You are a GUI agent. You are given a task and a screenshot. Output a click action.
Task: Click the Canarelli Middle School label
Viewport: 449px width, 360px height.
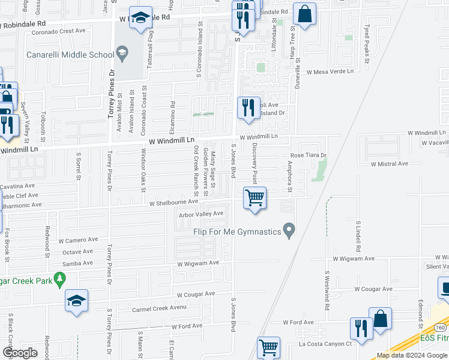tap(70, 55)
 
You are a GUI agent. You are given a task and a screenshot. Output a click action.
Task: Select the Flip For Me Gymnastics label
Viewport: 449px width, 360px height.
tap(237, 231)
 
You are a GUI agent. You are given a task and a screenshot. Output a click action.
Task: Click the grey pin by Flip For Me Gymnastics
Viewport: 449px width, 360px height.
tap(289, 230)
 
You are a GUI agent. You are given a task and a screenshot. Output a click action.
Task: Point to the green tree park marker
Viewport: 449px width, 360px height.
tap(59, 279)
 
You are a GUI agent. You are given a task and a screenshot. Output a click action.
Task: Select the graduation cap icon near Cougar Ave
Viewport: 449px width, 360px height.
tap(76, 301)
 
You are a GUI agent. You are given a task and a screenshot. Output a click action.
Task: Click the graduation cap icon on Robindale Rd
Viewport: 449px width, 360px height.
tap(140, 20)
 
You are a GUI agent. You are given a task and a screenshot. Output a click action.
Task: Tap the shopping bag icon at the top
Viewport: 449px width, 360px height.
tap(304, 15)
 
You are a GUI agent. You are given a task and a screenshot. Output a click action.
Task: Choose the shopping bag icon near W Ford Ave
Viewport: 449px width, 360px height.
tap(380, 319)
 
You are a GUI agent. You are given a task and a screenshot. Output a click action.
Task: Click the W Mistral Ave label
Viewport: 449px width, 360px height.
tap(389, 163)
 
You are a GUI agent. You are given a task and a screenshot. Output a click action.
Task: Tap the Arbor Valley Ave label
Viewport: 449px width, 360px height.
tap(201, 214)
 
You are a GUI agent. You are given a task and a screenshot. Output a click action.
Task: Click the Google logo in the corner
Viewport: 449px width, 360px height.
tap(20, 353)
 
